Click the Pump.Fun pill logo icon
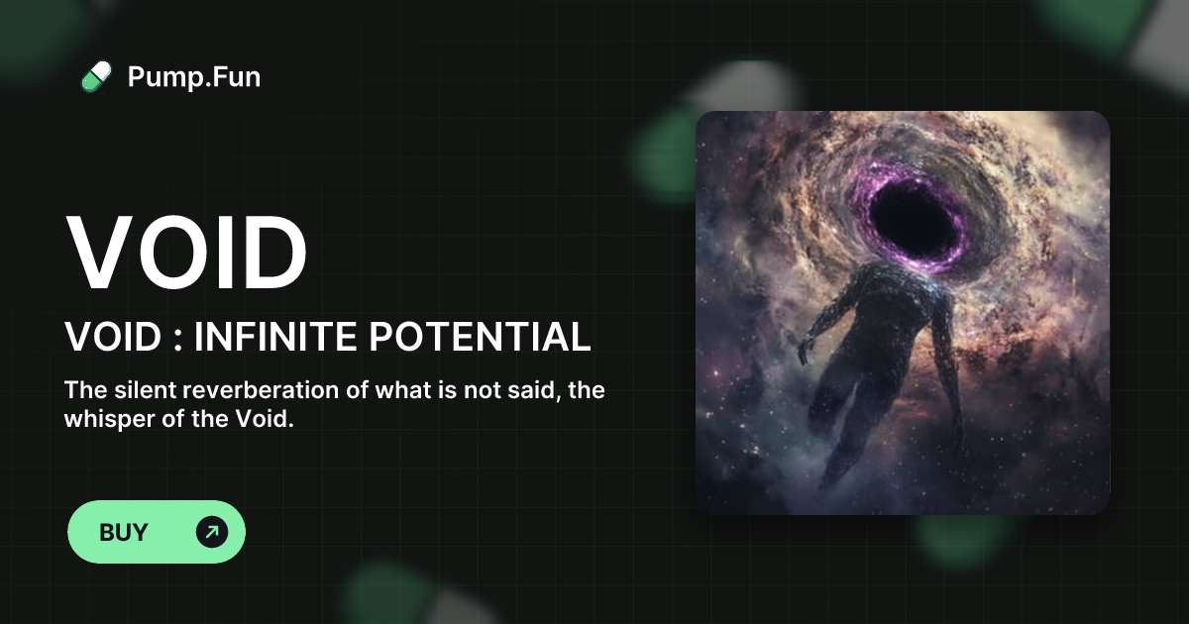(96, 76)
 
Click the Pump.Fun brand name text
(194, 76)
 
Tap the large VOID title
(186, 252)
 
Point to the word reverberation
(255, 389)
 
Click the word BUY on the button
(124, 532)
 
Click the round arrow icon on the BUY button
(212, 532)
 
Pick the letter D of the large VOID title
(271, 252)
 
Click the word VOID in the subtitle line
(112, 338)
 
